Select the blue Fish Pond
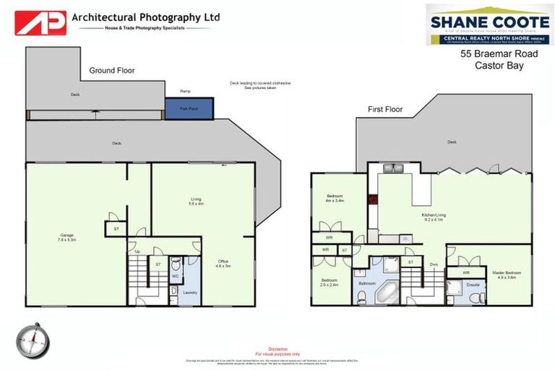click(x=189, y=109)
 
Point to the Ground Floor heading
click(x=111, y=71)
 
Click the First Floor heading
click(x=385, y=110)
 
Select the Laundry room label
click(x=190, y=293)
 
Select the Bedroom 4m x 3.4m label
click(x=334, y=199)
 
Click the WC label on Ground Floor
click(x=175, y=276)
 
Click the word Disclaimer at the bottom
click(x=277, y=349)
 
